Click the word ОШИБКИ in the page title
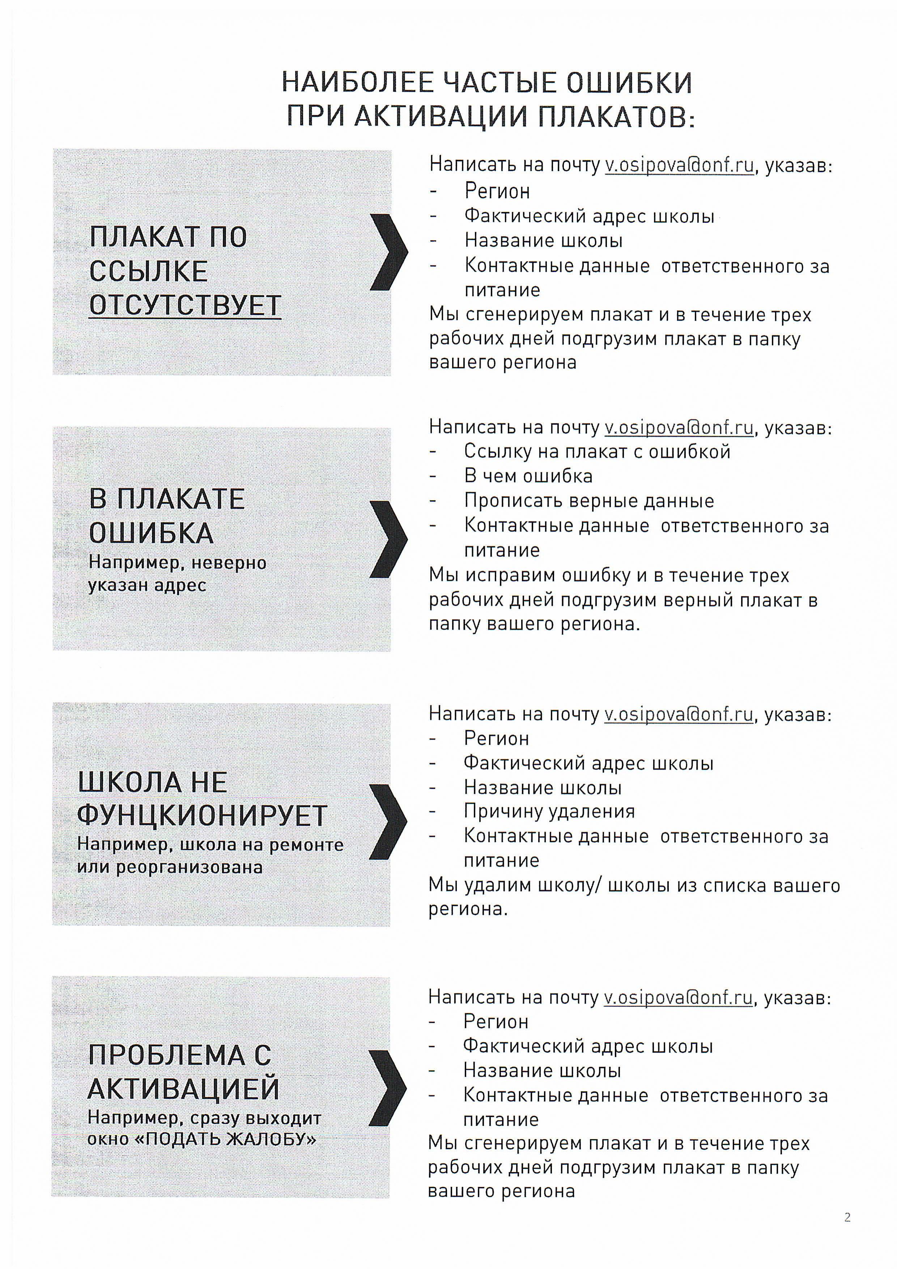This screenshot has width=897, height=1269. tap(629, 83)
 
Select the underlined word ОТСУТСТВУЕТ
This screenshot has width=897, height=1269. tap(185, 305)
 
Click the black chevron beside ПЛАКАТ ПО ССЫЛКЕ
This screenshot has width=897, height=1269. tap(388, 252)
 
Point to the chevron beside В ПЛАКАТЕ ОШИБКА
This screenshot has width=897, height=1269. tap(388, 540)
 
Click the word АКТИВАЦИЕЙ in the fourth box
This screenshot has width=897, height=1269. tap(183, 1089)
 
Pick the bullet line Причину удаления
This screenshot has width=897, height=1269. tap(549, 812)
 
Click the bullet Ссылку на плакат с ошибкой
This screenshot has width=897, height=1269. tap(597, 452)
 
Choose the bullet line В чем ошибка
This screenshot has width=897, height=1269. tap(528, 476)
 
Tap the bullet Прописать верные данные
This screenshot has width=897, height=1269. tap(588, 501)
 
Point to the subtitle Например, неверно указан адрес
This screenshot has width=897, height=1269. tap(177, 574)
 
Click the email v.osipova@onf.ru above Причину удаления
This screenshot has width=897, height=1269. tap(679, 715)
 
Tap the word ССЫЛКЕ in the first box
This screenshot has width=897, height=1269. tap(149, 271)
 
